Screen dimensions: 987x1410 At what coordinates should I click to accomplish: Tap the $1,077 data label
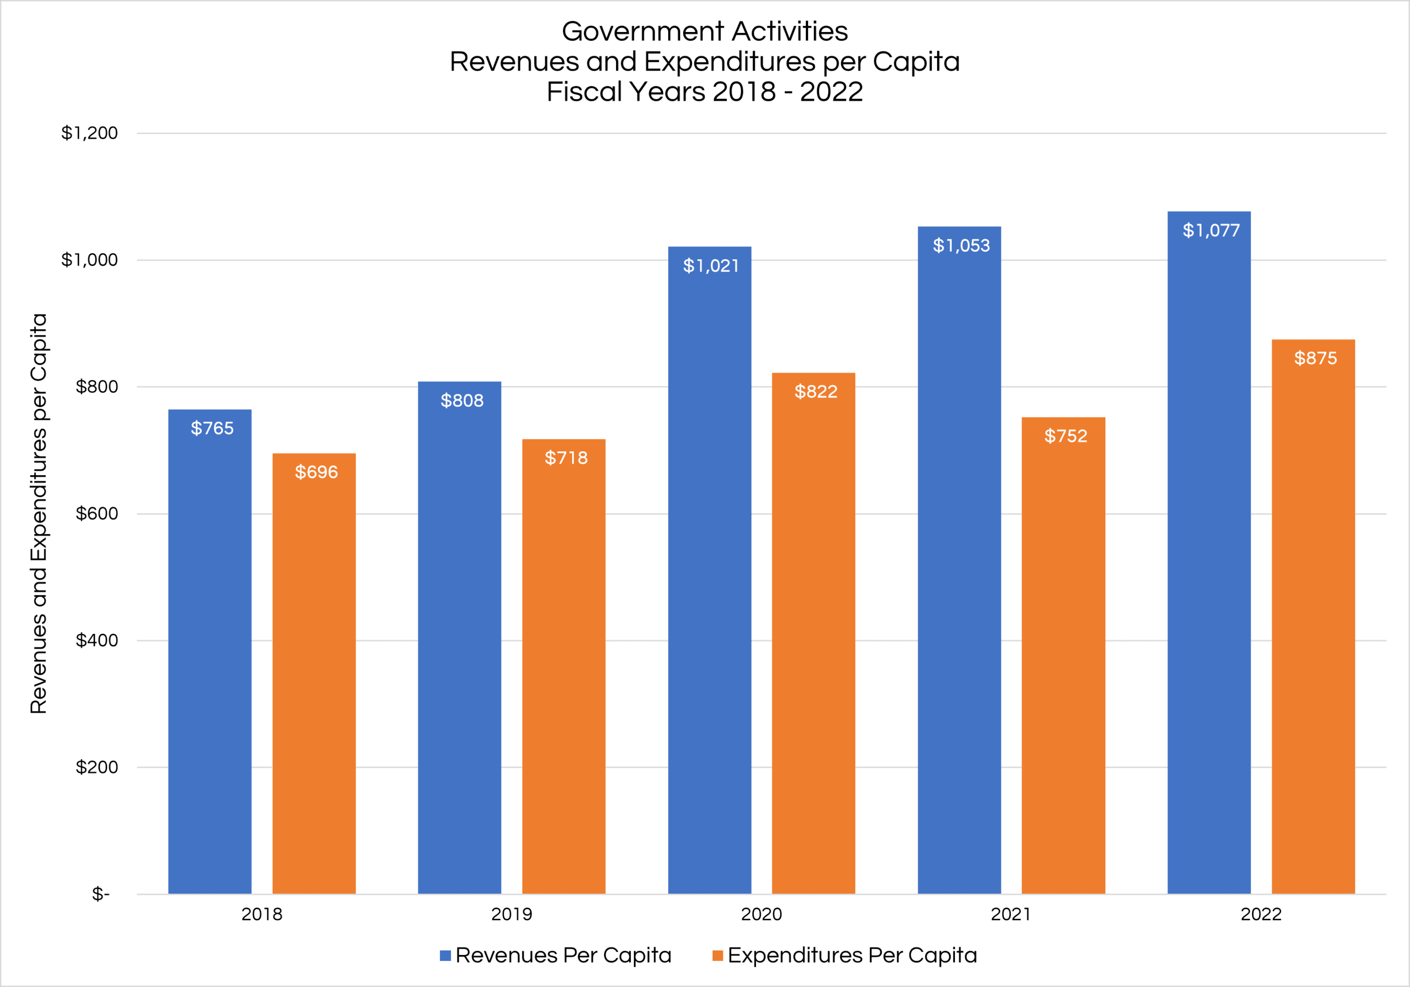1211,230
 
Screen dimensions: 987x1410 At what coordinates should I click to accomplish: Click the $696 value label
316,472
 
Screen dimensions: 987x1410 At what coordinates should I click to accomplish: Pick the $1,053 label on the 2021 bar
961,246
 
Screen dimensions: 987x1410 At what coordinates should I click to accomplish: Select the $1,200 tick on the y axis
89,133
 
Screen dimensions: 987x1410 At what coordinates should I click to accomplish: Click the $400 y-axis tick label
97,640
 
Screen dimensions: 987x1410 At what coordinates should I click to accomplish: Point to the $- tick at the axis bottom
101,894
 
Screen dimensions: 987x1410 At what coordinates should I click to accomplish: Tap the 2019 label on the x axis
511,914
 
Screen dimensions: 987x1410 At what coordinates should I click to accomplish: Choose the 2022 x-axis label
1261,914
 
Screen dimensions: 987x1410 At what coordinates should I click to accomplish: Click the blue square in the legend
445,956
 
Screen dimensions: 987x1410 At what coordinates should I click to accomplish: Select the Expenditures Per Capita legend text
852,955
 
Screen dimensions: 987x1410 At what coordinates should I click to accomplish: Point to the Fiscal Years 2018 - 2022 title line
704,92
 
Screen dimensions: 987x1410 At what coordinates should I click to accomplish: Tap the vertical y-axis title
38,513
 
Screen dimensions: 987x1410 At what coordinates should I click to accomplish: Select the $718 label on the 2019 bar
566,458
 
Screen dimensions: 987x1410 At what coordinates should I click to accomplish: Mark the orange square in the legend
717,956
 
